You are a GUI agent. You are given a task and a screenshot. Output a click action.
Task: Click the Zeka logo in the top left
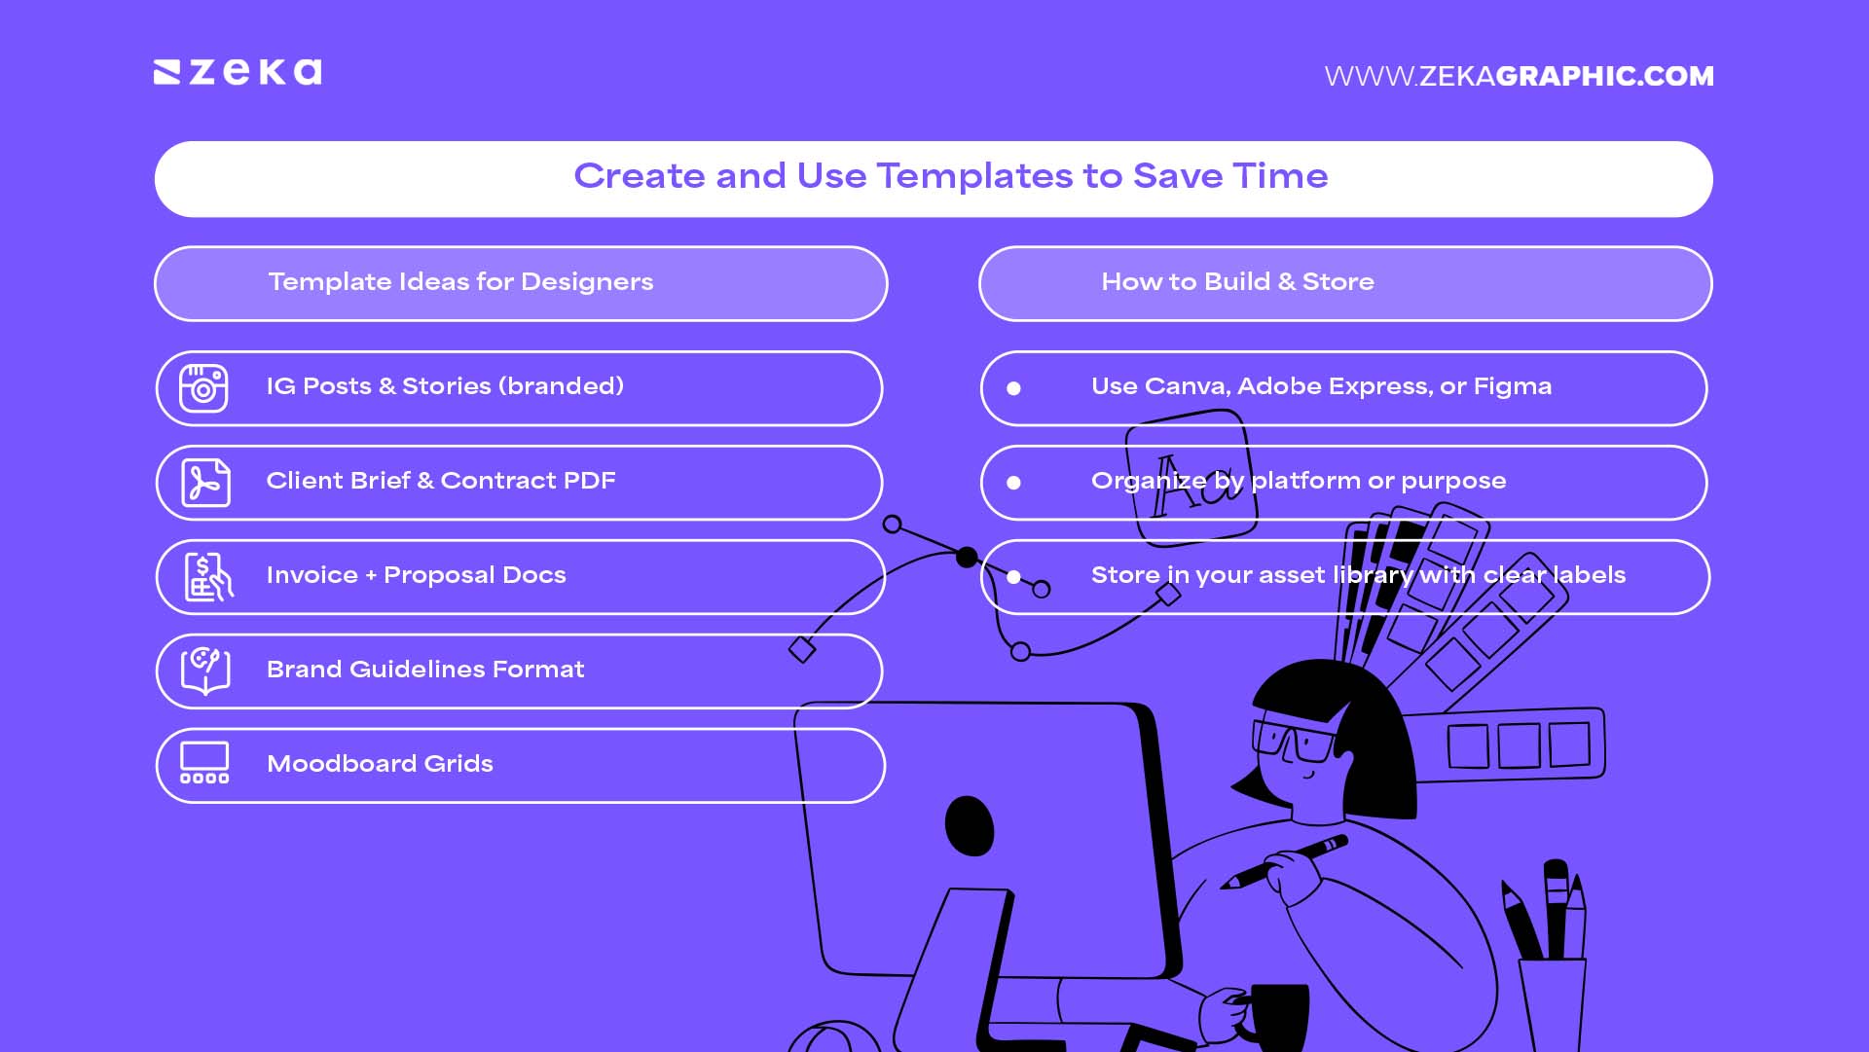(238, 73)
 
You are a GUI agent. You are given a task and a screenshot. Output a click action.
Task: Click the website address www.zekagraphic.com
(1519, 76)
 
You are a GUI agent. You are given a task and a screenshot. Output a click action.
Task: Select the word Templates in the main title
(973, 176)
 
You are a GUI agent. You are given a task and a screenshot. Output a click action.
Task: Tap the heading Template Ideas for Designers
(460, 282)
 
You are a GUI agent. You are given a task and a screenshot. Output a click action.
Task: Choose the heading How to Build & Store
(1237, 282)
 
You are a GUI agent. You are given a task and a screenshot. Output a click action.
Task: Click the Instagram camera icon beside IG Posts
(203, 388)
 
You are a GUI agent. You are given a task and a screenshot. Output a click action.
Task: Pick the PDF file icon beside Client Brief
(205, 483)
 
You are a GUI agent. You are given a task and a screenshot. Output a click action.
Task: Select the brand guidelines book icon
(204, 671)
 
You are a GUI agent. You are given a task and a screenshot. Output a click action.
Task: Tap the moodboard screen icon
(204, 763)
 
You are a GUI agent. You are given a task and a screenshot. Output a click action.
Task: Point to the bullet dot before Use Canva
(1013, 388)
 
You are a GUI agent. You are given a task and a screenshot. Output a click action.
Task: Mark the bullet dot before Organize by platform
(1013, 483)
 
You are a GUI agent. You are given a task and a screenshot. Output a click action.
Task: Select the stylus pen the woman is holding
(1285, 860)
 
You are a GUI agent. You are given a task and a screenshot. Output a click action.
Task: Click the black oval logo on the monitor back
(969, 825)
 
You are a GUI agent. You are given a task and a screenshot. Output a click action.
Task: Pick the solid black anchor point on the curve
(966, 557)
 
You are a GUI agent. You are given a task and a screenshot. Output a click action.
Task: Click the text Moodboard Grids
(380, 764)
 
